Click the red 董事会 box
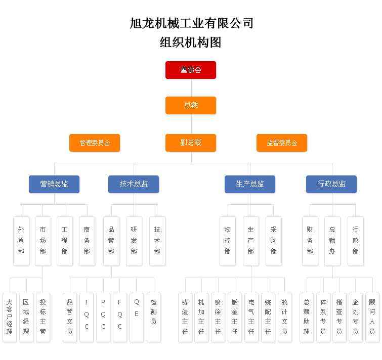(x=191, y=70)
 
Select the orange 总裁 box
(x=191, y=105)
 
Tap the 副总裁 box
(x=191, y=143)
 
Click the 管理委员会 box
(x=95, y=143)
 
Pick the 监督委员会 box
(x=282, y=143)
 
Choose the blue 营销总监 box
(x=54, y=184)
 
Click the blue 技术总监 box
(x=134, y=184)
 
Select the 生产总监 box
(x=250, y=184)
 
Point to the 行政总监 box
(x=331, y=184)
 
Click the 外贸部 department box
(x=21, y=241)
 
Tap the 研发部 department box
(x=134, y=241)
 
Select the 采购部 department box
(x=274, y=241)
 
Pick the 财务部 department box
(x=310, y=241)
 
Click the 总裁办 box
(x=332, y=241)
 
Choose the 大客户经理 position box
(x=10, y=317)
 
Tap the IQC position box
(x=87, y=317)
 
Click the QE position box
(x=137, y=317)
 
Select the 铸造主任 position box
(x=185, y=317)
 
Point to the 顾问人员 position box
(x=372, y=317)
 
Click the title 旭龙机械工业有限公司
(x=191, y=23)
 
